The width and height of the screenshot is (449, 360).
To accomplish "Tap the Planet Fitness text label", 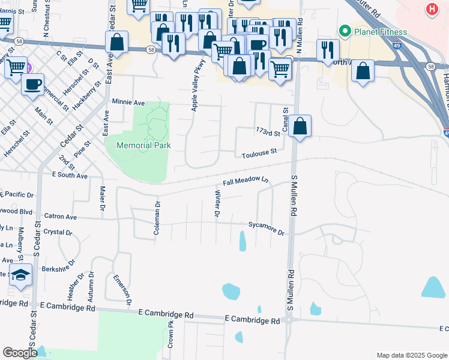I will click(x=380, y=32).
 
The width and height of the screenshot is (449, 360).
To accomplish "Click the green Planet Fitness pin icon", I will click(x=345, y=31).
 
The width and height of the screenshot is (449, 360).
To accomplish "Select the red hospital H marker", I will click(x=431, y=9).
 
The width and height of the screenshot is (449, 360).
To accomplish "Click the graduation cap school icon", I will click(x=20, y=275).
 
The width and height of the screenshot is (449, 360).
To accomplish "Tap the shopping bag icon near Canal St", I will click(x=300, y=127).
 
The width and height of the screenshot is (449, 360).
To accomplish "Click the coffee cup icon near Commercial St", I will click(x=32, y=83).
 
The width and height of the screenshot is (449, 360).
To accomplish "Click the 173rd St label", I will click(x=268, y=131).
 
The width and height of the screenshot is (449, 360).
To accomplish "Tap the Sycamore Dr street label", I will click(x=266, y=227).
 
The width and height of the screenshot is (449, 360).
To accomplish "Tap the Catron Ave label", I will click(x=61, y=216).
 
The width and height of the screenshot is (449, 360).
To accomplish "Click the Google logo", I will click(x=20, y=352).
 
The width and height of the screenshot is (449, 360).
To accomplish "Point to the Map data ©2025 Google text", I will click(x=411, y=355).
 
